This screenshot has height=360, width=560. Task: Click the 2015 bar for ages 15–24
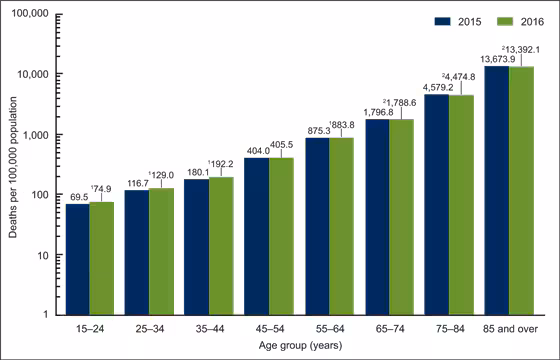coord(78,259)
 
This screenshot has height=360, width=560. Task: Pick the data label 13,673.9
coord(496,60)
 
